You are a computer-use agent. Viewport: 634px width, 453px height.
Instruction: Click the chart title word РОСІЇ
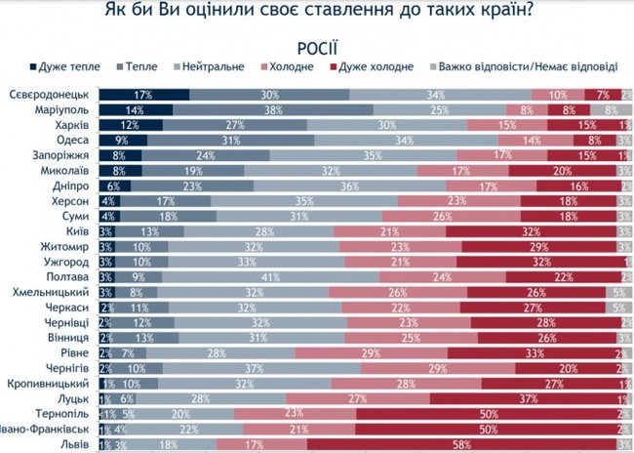tap(316, 48)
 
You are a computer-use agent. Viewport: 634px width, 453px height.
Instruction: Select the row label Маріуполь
tap(61, 111)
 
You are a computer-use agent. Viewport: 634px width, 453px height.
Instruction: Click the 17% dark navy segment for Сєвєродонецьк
tap(143, 94)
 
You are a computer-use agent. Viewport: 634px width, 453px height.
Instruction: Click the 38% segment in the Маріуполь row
tap(272, 111)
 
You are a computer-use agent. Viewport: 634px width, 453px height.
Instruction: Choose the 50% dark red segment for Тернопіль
tap(484, 413)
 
